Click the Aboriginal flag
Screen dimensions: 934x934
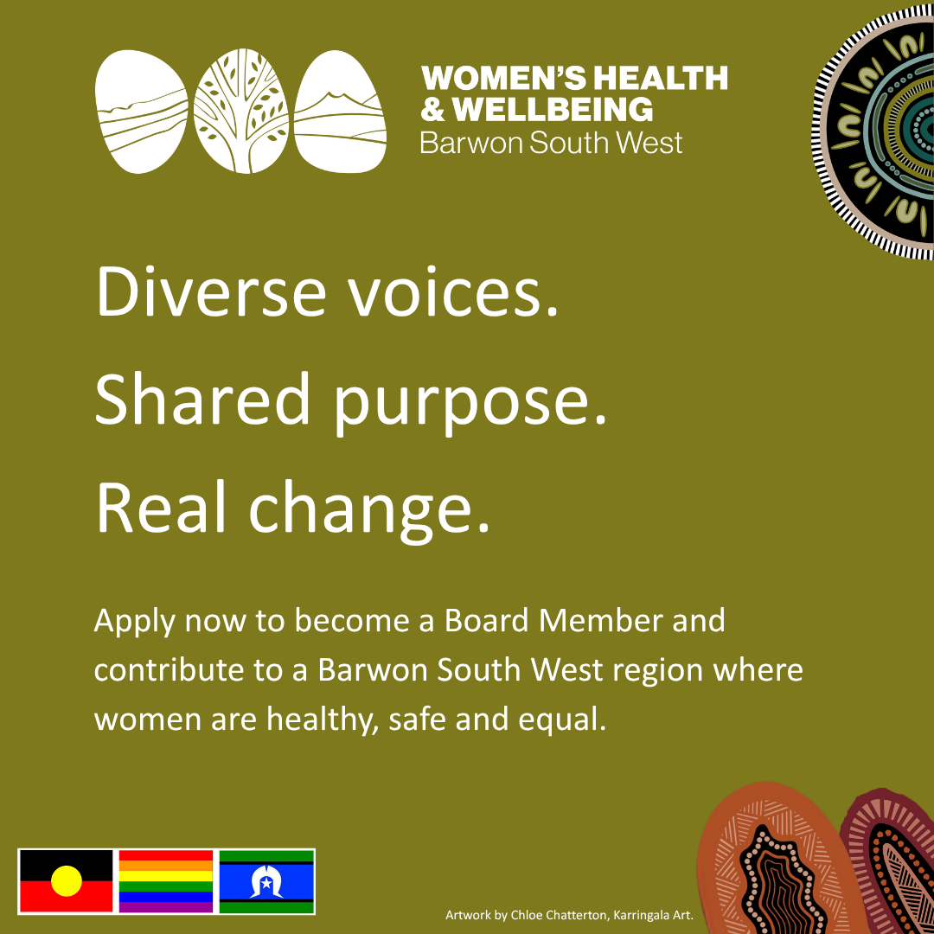(66, 881)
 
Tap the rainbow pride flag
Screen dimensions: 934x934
(166, 881)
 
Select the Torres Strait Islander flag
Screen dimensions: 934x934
(267, 881)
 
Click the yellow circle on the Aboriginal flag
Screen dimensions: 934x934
(66, 881)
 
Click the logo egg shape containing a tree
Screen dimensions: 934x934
(241, 112)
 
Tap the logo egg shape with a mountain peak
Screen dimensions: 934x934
(340, 112)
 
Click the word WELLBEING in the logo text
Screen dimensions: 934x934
(552, 110)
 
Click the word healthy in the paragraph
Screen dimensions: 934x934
(323, 720)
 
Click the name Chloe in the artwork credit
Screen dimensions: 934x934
(526, 915)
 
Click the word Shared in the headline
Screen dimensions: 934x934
(202, 398)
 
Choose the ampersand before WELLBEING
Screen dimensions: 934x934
(432, 110)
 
